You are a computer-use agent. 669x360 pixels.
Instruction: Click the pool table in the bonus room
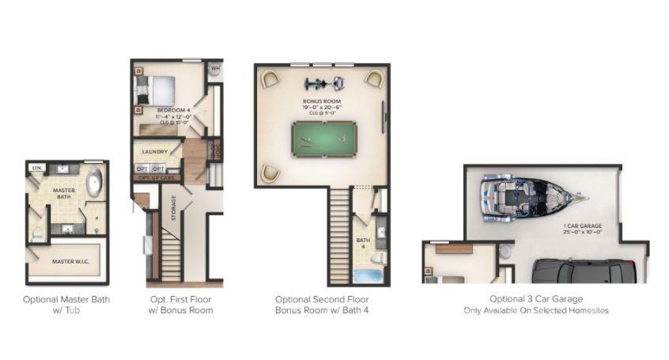point(322,139)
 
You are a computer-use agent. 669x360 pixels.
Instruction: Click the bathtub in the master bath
point(94,182)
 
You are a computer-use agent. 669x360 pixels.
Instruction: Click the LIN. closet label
point(36,168)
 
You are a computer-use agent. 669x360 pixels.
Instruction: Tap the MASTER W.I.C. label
point(69,261)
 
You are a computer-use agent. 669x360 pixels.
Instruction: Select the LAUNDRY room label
point(153,152)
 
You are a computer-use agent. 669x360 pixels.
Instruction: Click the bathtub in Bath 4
point(367,276)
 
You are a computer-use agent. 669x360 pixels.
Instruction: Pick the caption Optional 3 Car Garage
point(535,299)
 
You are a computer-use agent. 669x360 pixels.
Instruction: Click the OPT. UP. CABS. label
point(157,178)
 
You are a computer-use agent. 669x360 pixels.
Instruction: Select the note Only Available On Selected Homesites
point(535,311)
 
